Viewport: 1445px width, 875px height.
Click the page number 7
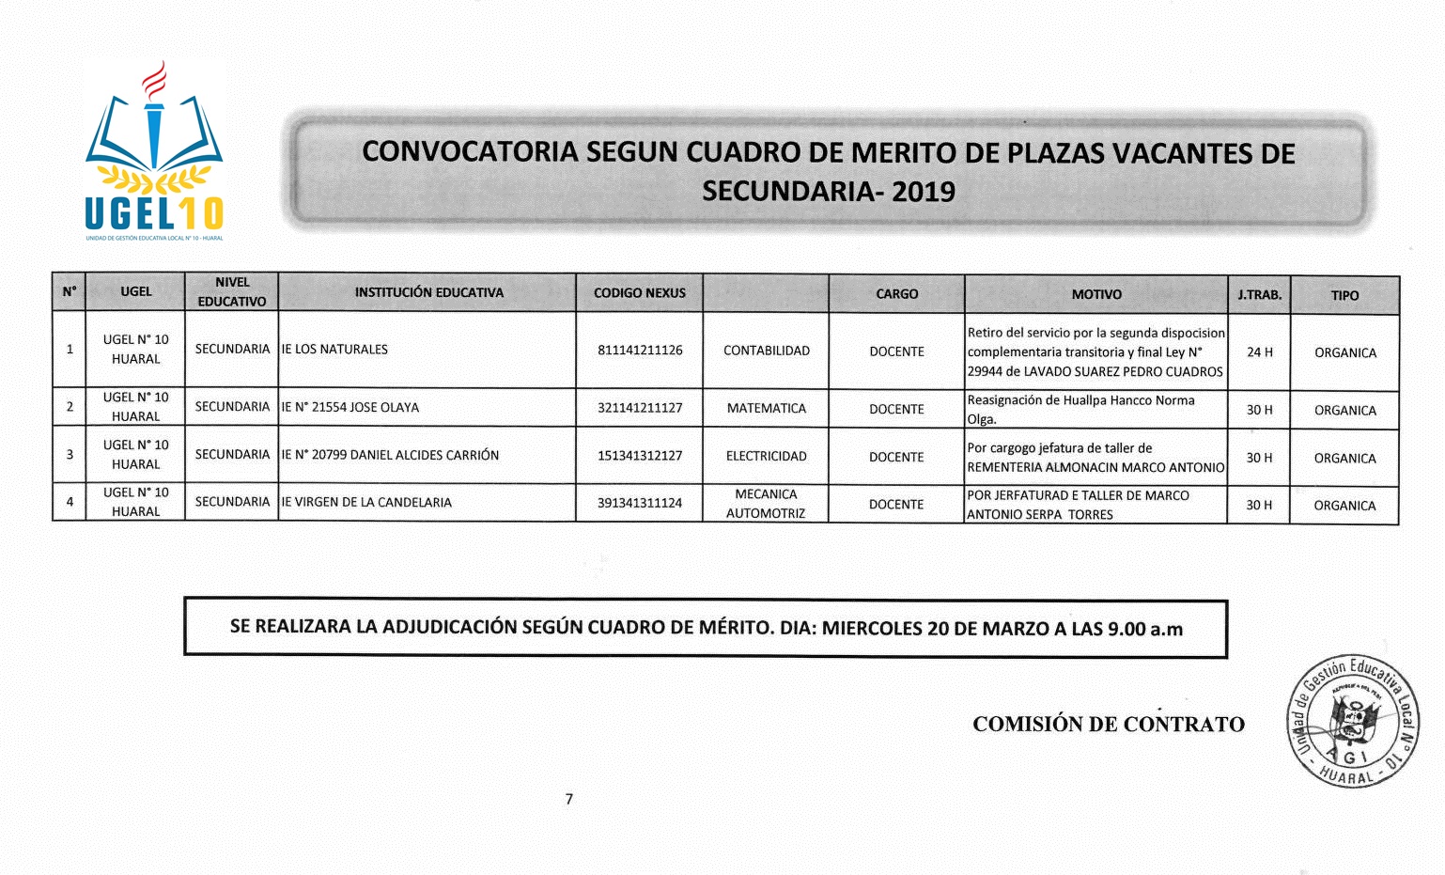click(x=569, y=799)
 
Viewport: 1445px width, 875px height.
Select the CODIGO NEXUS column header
click(x=639, y=293)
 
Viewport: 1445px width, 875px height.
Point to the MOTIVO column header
click(x=1096, y=294)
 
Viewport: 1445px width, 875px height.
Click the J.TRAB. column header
click(x=1259, y=295)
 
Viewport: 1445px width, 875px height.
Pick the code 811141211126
click(x=640, y=351)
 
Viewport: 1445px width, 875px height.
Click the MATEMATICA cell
click(x=766, y=409)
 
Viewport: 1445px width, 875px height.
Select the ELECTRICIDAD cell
click(x=766, y=457)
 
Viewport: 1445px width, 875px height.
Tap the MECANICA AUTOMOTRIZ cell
click(x=766, y=504)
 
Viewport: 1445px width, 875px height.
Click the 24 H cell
click(x=1259, y=352)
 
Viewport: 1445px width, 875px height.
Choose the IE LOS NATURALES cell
click(x=334, y=350)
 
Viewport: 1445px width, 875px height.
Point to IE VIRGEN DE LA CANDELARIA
click(x=366, y=503)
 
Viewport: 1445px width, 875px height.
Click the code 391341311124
click(x=640, y=503)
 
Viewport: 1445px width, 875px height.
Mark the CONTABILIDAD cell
click(x=766, y=352)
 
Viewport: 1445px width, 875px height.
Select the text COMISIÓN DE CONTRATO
click(x=1108, y=725)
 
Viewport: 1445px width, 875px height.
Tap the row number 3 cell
click(x=70, y=455)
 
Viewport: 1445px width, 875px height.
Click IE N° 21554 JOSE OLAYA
click(x=350, y=408)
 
